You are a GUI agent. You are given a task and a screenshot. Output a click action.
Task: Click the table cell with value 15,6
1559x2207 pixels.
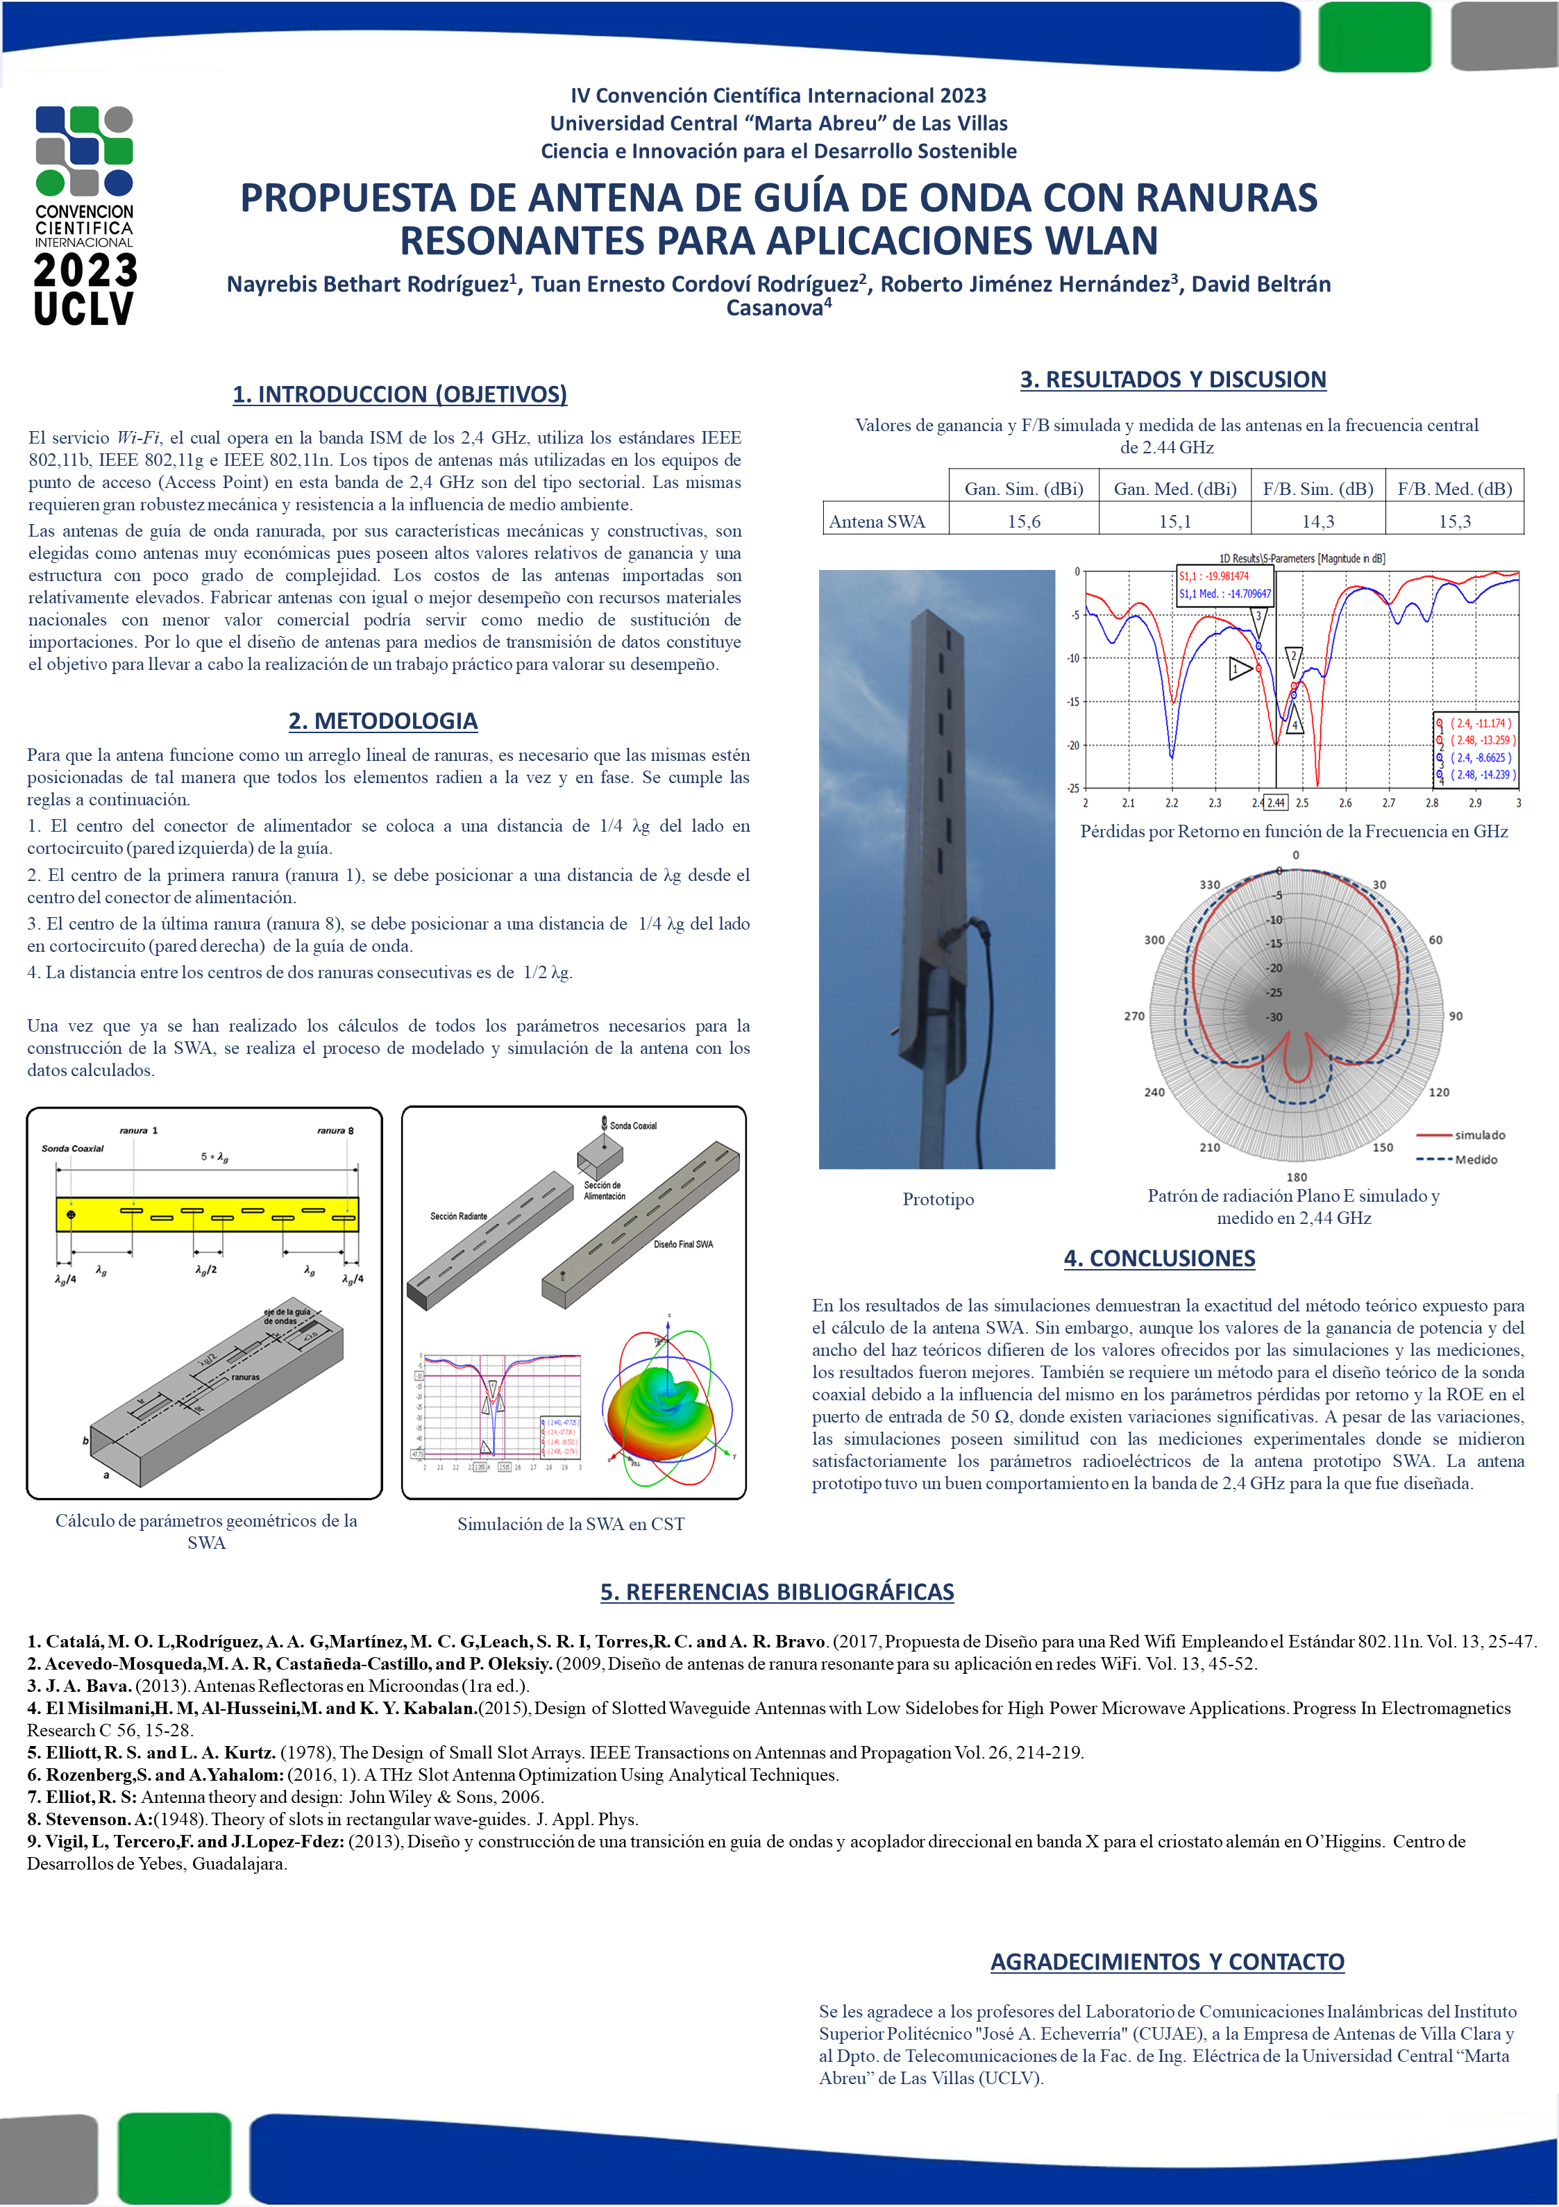point(1024,521)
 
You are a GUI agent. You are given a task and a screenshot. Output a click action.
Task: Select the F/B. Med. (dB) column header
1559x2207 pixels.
point(1454,488)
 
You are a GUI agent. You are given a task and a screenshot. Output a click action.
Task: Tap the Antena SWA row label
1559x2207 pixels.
point(877,521)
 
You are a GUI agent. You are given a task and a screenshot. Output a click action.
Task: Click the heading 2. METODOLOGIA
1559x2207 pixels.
point(382,721)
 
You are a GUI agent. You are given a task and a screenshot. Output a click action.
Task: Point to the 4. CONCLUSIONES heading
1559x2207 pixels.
point(1159,1258)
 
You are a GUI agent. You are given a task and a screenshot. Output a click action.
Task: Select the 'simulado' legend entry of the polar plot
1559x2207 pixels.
point(1479,1135)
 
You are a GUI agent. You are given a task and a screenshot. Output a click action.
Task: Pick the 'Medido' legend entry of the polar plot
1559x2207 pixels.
point(1476,1159)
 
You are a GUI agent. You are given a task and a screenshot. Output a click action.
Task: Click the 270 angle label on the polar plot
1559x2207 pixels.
point(1134,1016)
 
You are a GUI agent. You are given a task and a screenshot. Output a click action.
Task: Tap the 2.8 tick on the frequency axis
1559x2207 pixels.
point(1432,803)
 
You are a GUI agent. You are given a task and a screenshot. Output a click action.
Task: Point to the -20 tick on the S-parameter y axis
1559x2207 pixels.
point(1072,745)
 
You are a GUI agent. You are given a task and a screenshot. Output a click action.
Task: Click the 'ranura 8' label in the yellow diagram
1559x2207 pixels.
point(335,1130)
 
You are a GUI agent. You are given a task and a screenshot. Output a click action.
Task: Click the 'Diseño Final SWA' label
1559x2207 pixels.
point(684,1244)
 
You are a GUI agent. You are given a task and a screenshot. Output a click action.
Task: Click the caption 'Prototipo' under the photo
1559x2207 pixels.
point(938,1200)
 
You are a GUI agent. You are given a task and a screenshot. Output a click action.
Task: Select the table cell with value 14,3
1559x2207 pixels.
point(1317,521)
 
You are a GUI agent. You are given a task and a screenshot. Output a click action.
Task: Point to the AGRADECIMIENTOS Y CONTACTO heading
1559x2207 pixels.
point(1167,1962)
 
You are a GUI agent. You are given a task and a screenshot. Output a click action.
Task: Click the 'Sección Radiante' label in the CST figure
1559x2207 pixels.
point(459,1216)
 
